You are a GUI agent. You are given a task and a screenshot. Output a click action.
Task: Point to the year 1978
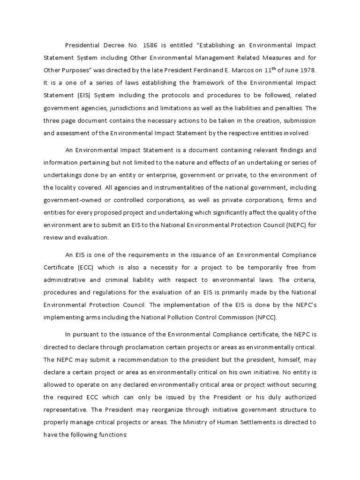tap(307, 70)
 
